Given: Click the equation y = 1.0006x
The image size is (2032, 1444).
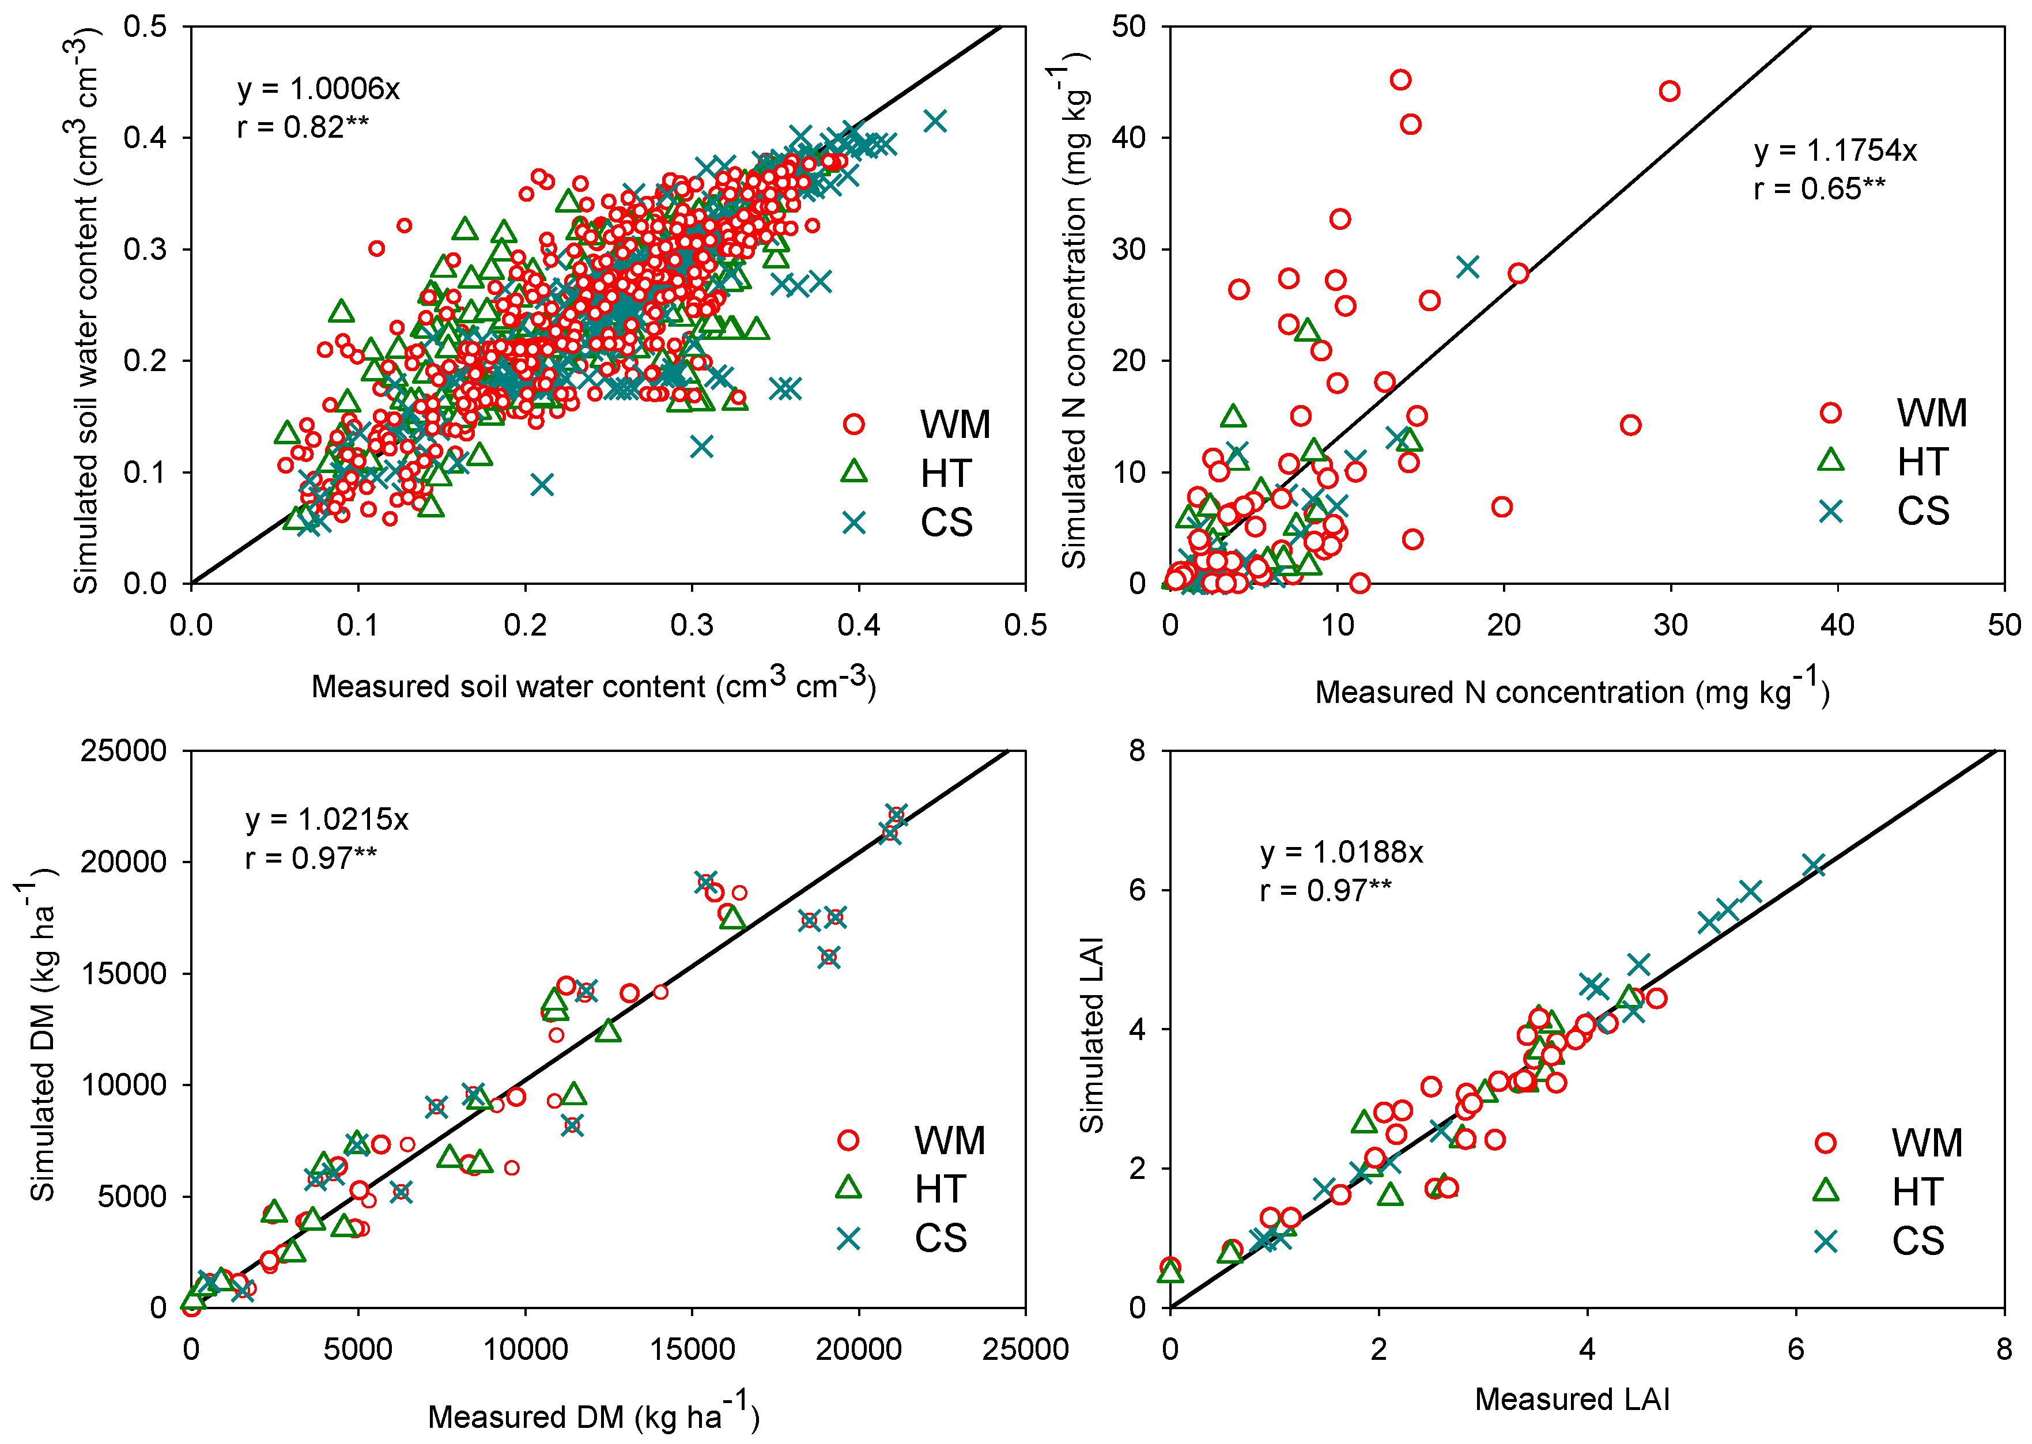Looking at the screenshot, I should tap(318, 89).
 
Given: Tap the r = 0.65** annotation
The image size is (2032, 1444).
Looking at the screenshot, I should tap(1819, 188).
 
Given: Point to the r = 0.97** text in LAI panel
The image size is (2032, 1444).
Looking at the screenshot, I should tap(1325, 890).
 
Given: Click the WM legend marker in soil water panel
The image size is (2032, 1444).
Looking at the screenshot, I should tap(853, 424).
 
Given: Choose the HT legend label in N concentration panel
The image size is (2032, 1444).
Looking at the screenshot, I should tap(1923, 462).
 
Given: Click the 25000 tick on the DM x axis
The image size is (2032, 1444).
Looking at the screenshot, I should tap(1025, 1350).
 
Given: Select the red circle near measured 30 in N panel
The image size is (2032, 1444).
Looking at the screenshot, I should tap(1669, 90).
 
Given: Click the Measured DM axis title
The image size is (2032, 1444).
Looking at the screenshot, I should tap(593, 1416).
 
